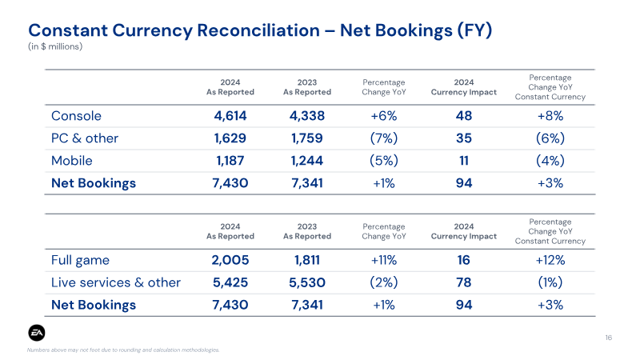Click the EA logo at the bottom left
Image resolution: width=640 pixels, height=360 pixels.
pos(37,333)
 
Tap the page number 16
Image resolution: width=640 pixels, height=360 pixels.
pos(608,338)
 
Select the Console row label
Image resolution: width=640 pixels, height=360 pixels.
pos(76,116)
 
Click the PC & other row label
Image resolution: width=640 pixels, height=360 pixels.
pos(85,138)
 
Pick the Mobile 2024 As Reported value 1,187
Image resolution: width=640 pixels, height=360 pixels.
pos(230,161)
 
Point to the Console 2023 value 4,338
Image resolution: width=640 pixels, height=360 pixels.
pos(307,116)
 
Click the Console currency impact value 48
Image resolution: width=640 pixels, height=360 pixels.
pos(464,116)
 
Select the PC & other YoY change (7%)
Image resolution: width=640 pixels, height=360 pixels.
pos(384,138)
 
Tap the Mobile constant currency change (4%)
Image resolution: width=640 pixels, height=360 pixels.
pos(550,161)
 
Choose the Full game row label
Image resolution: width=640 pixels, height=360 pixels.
pos(81,261)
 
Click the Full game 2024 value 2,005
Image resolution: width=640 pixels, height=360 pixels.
pos(230,260)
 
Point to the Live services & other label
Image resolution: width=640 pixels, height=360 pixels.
pos(116,282)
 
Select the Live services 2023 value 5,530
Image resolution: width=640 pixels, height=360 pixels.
pos(307,282)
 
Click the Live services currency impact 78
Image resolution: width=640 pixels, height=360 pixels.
pos(464,282)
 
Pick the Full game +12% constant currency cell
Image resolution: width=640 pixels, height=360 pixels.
pos(550,260)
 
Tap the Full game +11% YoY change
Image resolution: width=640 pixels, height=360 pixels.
pos(384,260)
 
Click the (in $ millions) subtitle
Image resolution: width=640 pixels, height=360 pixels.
pos(55,46)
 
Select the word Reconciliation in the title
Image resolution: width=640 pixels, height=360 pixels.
pos(257,30)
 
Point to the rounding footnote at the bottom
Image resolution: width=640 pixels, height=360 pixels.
pos(123,350)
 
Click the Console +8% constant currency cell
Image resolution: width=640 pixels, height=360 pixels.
pos(550,116)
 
